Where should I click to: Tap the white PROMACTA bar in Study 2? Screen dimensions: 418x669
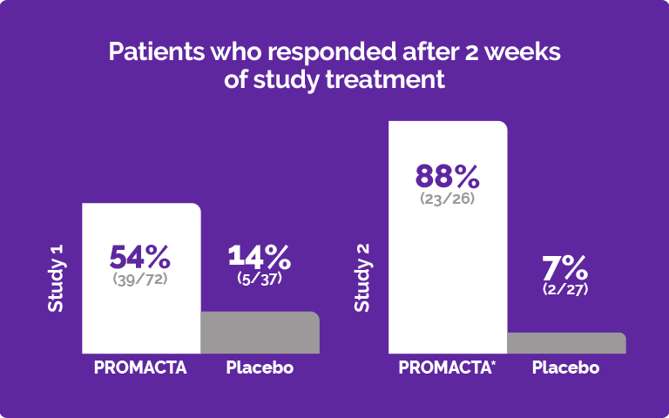pyautogui.click(x=447, y=279)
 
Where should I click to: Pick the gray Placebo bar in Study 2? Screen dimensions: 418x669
pyautogui.click(x=566, y=343)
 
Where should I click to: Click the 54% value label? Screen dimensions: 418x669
pyautogui.click(x=140, y=257)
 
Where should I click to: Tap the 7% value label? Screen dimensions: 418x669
pyautogui.click(x=565, y=267)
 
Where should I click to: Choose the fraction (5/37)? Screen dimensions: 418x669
pyautogui.click(x=260, y=278)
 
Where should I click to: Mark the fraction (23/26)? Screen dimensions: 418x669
pyautogui.click(x=447, y=198)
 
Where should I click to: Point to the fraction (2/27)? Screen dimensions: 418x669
pyautogui.click(x=565, y=288)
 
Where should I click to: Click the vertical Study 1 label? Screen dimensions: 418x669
pyautogui.click(x=56, y=278)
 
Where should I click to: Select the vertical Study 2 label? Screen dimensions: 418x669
pyautogui.click(x=362, y=278)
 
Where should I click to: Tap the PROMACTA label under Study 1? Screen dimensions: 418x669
pyautogui.click(x=140, y=367)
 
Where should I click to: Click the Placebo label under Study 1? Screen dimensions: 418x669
pyautogui.click(x=260, y=367)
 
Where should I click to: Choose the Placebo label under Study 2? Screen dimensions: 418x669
pyautogui.click(x=566, y=367)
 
